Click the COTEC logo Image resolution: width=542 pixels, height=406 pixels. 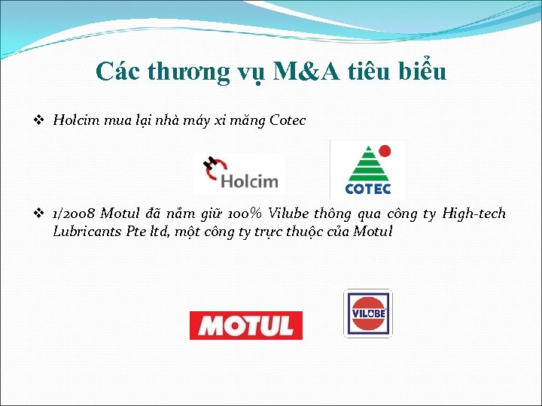click(x=368, y=168)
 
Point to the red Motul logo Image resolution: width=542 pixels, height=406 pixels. click(x=245, y=326)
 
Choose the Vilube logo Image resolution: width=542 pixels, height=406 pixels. click(x=367, y=313)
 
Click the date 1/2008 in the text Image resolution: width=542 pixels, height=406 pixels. click(x=75, y=214)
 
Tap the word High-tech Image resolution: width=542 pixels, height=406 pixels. click(x=473, y=214)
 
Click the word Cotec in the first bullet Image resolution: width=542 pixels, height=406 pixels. click(x=288, y=120)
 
